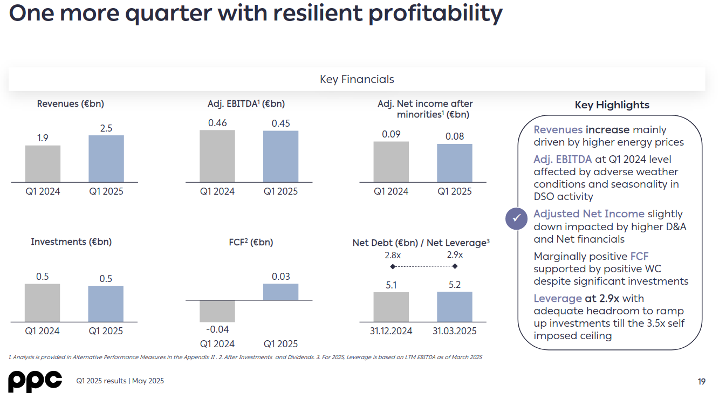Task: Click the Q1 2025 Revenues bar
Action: [106, 159]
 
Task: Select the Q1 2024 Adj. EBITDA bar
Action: [217, 156]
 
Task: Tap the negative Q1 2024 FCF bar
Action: [217, 311]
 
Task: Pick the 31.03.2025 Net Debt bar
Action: [455, 307]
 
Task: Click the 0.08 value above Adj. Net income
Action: [455, 136]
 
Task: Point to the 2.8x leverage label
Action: [393, 254]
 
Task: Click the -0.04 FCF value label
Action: [217, 329]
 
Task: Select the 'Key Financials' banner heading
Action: [357, 79]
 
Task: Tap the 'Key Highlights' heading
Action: [612, 105]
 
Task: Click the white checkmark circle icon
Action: [517, 218]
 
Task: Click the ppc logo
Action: [35, 381]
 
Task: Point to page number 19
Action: [701, 382]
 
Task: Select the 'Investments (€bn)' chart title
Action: [71, 242]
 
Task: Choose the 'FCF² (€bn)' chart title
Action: [251, 242]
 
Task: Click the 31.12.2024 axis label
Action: [391, 331]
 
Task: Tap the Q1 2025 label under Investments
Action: [106, 331]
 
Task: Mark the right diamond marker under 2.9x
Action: [455, 266]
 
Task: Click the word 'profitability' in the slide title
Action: [435, 13]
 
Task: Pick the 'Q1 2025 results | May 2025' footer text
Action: [120, 381]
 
